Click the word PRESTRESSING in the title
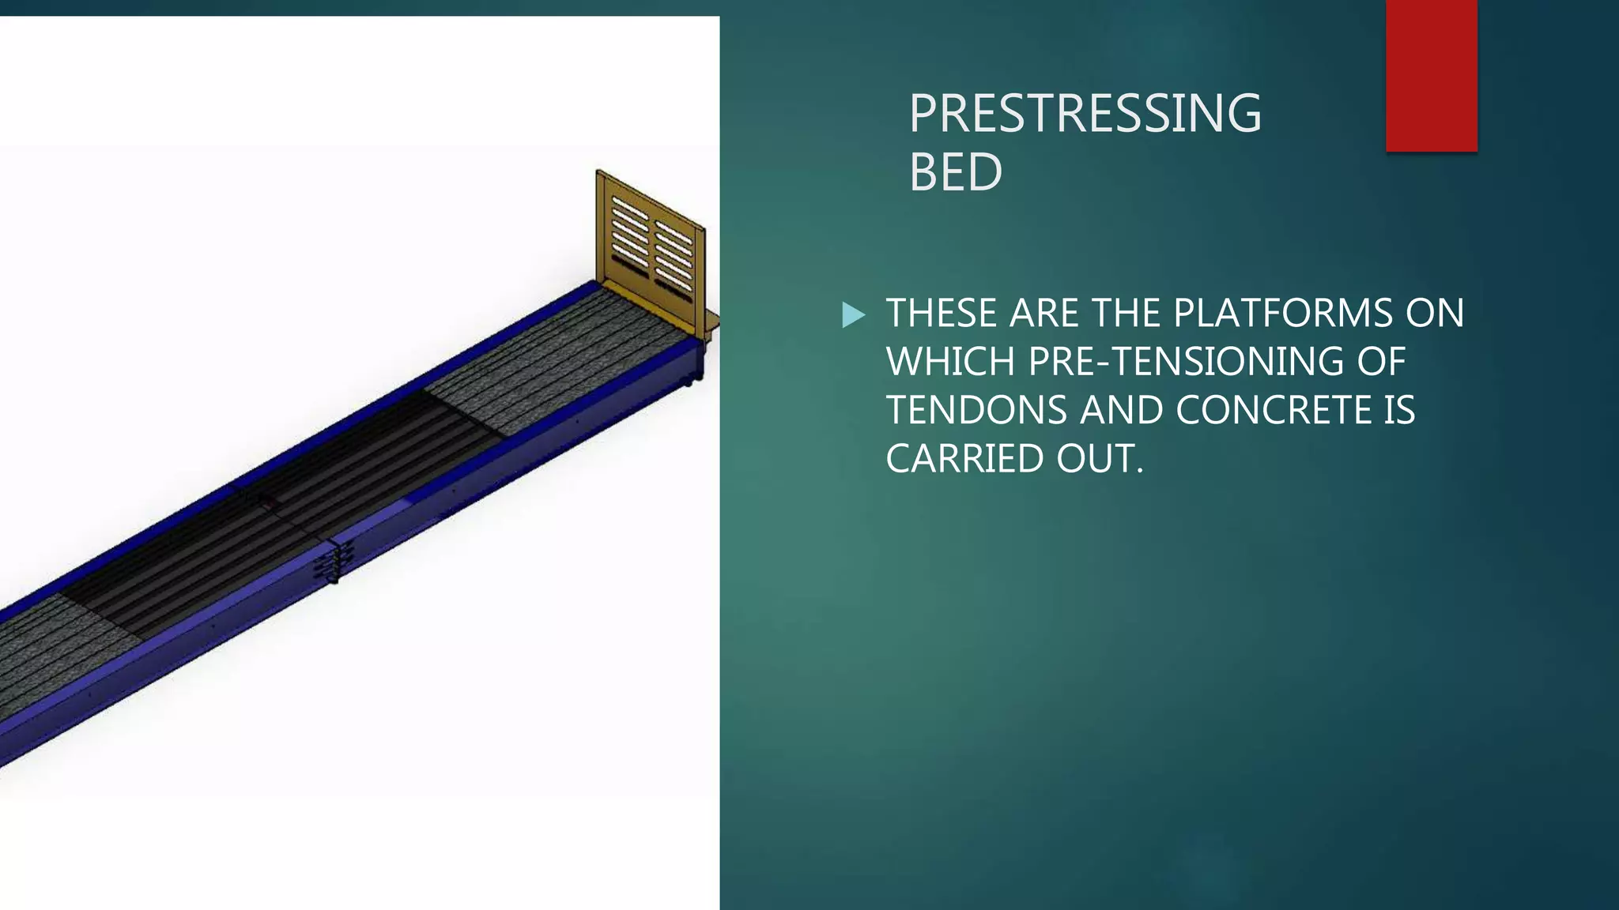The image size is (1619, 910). (1085, 113)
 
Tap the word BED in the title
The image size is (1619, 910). (956, 171)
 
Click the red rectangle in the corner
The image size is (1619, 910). (1431, 76)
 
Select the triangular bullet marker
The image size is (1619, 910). (853, 314)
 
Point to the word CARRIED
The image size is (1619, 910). (964, 459)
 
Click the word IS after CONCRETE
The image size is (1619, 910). (1398, 410)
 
